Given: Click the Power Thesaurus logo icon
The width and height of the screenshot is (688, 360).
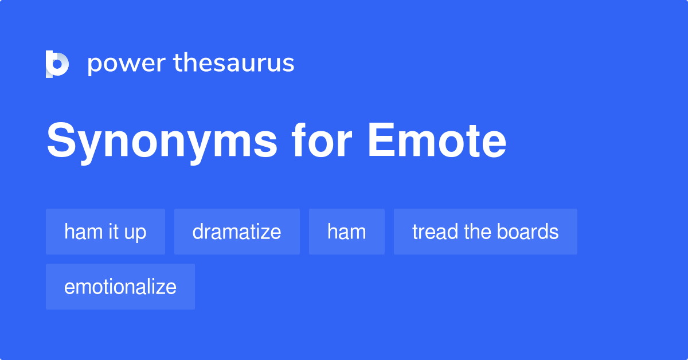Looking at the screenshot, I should coord(57,64).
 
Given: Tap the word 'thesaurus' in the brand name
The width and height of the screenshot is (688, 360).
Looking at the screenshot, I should coord(234,64).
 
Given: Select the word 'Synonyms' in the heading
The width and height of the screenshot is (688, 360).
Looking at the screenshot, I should coord(162,142).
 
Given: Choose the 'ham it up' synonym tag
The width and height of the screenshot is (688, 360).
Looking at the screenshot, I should coord(105,232).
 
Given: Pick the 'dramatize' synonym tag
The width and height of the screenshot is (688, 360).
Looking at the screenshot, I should coord(237,232).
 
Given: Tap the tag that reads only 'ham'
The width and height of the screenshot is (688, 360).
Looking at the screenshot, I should coord(347,232).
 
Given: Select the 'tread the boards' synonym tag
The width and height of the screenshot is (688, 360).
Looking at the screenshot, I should coord(486,232).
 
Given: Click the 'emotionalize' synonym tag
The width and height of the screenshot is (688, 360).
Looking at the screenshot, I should coord(120,287).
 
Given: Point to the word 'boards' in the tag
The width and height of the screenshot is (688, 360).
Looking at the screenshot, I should coord(528,232).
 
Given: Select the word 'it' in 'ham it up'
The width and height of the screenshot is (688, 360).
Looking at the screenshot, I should coord(114,232).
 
